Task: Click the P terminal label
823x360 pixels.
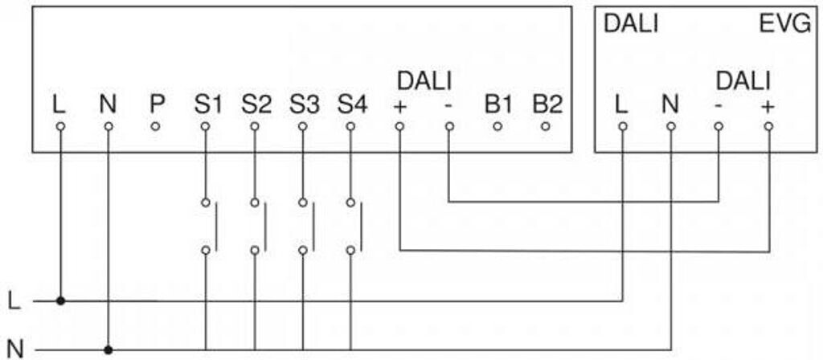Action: (x=157, y=104)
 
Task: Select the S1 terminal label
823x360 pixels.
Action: (x=207, y=104)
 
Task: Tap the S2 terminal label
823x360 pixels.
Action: (x=256, y=104)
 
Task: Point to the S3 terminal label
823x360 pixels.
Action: (x=304, y=104)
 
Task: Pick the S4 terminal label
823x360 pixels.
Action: (x=352, y=104)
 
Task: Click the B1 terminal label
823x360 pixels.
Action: (x=498, y=104)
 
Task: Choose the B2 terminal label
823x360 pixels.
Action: (x=547, y=104)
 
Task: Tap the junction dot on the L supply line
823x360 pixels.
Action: (x=61, y=301)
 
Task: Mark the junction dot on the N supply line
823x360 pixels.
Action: (x=109, y=350)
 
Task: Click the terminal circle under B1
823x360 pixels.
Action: (x=498, y=126)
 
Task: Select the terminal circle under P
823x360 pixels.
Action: (x=157, y=126)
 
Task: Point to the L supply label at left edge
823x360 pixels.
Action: (x=14, y=301)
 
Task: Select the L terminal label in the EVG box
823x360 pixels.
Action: (x=622, y=104)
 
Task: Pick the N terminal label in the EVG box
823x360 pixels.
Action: (x=670, y=104)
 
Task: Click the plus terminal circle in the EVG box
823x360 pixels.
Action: (x=768, y=126)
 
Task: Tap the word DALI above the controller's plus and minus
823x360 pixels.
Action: (x=424, y=81)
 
